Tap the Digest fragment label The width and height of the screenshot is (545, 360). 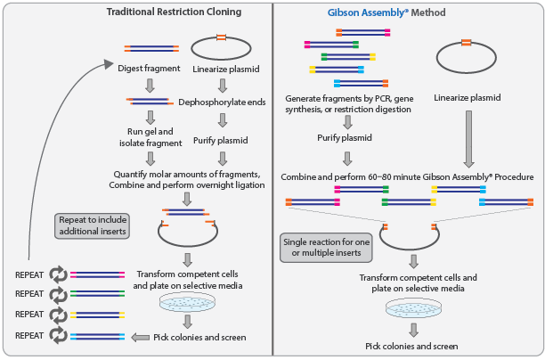click(150, 69)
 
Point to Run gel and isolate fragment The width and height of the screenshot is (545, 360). click(150, 135)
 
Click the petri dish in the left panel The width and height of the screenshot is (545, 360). click(187, 303)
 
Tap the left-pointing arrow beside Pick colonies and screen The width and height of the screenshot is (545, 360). click(142, 337)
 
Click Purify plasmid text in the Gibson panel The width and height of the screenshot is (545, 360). click(347, 139)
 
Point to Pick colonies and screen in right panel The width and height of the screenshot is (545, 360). click(412, 346)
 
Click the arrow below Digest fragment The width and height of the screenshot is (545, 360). click(150, 85)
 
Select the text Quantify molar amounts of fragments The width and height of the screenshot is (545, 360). click(187, 172)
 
